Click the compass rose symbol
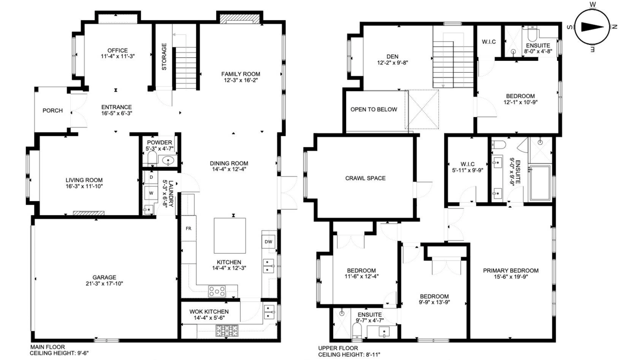pos(592,26)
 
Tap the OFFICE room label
pos(118,50)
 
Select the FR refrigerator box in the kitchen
pos(189,228)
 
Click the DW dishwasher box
pos(268,242)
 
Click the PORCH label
pos(52,110)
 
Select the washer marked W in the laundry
pos(151,193)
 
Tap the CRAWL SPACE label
pos(365,178)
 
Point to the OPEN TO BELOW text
pos(374,109)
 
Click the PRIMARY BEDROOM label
pos(511,270)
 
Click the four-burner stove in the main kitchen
pos(217,291)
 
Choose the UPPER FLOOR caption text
pos(338,349)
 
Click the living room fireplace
pos(89,212)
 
